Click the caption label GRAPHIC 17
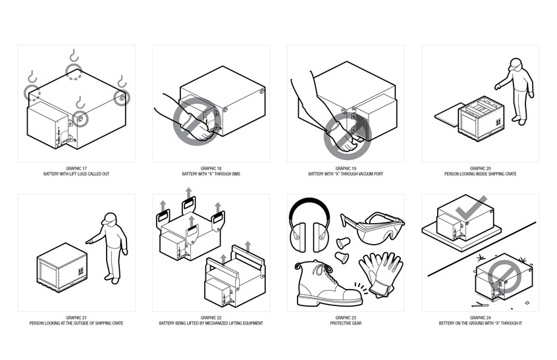pos(76,168)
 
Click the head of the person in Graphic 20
pos(516,64)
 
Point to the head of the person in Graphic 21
pos(111,219)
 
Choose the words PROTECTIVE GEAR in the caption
pos(345,323)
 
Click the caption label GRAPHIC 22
pos(211,318)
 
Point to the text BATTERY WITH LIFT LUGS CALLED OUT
pos(76,174)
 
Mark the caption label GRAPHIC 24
pos(480,318)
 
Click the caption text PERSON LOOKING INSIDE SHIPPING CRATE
pos(480,174)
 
